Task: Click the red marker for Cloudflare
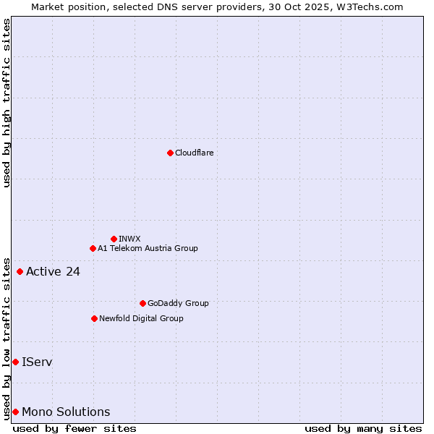(170, 153)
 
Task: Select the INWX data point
(114, 239)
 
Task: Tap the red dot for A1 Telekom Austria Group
(93, 248)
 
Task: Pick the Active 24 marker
(20, 271)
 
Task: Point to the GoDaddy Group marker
(142, 303)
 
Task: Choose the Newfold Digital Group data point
(94, 318)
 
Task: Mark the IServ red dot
(15, 362)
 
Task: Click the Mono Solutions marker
(15, 412)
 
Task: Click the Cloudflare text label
(194, 153)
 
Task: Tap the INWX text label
(129, 239)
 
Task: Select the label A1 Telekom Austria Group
(148, 248)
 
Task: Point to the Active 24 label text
(53, 272)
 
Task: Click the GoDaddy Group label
(178, 303)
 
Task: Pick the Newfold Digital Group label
(141, 318)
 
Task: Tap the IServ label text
(37, 362)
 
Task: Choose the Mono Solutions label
(66, 412)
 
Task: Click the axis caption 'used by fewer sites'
(75, 428)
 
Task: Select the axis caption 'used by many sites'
(363, 428)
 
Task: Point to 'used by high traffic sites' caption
(7, 103)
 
